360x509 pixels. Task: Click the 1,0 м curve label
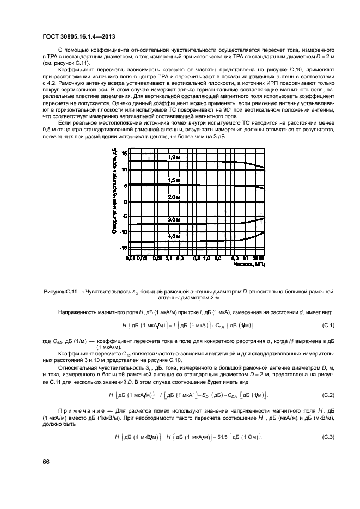click(x=173, y=157)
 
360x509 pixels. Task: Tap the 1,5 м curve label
click(x=173, y=179)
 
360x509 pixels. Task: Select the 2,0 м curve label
click(x=173, y=197)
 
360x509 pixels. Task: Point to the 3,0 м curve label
click(x=173, y=219)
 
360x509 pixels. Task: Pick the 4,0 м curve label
click(x=173, y=236)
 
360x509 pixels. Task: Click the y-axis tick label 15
click(x=124, y=154)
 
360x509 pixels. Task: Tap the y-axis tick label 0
click(x=125, y=201)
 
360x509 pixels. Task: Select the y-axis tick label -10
click(x=123, y=232)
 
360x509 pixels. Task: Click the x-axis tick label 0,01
click(x=130, y=258)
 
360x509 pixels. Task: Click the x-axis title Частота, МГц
click(x=248, y=264)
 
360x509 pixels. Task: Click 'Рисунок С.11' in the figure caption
click(x=62, y=292)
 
